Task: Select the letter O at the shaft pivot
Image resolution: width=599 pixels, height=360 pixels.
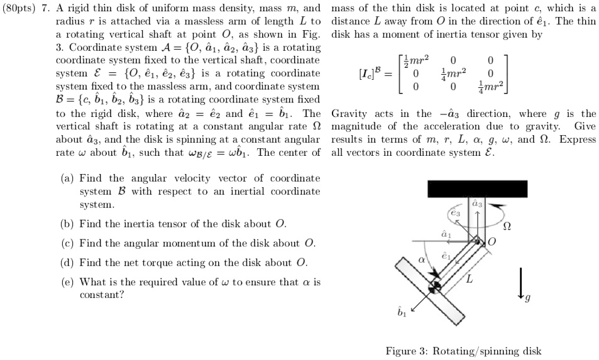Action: pyautogui.click(x=492, y=241)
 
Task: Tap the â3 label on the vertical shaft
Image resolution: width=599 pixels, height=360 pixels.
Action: pyautogui.click(x=476, y=203)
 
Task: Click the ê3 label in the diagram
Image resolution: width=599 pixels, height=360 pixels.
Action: pyautogui.click(x=456, y=213)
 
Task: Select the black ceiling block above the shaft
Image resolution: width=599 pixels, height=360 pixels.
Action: pyautogui.click(x=475, y=188)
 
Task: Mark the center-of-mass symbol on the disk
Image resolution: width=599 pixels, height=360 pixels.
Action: pyautogui.click(x=434, y=288)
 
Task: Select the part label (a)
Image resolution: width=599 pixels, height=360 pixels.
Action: pyautogui.click(x=67, y=178)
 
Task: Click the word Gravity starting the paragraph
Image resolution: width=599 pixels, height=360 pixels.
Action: pyautogui.click(x=349, y=114)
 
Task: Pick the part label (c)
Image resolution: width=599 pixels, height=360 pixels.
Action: pyautogui.click(x=67, y=243)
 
